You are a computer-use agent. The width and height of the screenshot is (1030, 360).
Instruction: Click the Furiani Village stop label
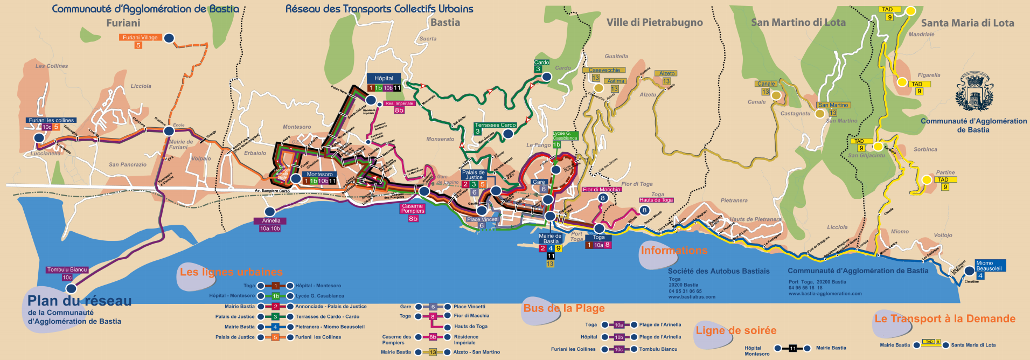(x=140, y=38)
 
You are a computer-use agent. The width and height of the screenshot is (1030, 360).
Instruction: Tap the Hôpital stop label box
(x=384, y=79)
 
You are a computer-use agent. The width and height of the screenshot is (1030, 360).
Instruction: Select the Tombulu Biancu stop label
(x=67, y=270)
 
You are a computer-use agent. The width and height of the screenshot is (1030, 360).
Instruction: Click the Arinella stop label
(x=271, y=221)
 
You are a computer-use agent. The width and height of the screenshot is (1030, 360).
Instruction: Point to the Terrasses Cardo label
(x=495, y=125)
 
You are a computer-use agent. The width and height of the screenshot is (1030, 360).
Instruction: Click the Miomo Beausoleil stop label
(x=989, y=266)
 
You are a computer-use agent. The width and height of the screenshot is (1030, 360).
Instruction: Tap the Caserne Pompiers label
(x=413, y=209)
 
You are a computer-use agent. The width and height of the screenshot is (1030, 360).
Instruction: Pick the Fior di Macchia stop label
(x=601, y=190)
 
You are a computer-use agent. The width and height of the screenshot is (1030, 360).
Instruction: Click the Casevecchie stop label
(x=604, y=71)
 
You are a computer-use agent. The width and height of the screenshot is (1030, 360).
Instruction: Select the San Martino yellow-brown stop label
(x=833, y=105)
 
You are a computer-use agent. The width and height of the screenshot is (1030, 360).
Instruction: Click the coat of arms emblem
(x=974, y=93)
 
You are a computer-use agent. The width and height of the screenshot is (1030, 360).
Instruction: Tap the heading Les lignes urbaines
(x=231, y=272)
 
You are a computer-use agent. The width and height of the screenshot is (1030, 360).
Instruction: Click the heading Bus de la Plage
(x=564, y=308)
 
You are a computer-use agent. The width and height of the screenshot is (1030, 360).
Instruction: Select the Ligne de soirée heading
(x=736, y=330)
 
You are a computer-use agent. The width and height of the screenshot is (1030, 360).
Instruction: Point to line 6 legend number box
(x=433, y=307)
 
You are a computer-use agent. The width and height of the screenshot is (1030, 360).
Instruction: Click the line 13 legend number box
(x=433, y=352)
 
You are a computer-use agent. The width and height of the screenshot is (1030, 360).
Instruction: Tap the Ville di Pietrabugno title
(x=655, y=23)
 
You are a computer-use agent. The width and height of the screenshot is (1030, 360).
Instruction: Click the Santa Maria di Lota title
(x=967, y=23)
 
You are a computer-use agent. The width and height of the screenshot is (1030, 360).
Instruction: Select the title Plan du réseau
(x=80, y=301)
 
